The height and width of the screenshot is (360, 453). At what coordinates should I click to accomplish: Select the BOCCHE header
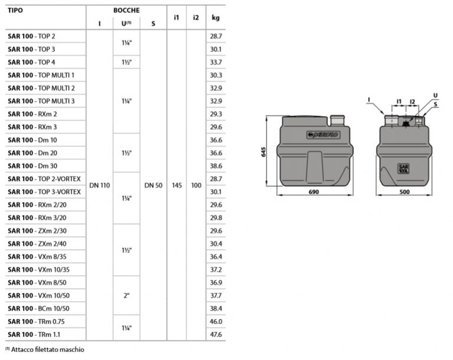126,10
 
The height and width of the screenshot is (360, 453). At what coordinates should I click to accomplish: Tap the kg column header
215,17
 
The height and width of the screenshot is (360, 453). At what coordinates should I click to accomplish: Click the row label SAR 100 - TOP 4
31,62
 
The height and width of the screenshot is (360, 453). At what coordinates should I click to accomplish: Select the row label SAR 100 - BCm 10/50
38,309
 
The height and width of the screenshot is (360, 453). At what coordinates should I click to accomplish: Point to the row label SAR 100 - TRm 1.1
34,335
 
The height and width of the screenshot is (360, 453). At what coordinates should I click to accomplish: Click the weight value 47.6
215,335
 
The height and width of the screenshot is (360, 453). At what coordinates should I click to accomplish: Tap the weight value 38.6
215,166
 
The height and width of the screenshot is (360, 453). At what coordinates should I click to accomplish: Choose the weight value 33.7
215,62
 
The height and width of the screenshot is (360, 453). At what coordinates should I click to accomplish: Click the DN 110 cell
100,185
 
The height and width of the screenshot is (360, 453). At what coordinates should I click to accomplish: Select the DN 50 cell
153,185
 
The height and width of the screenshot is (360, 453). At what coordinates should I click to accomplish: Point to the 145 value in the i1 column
176,185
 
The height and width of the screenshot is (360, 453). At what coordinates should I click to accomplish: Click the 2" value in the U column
126,295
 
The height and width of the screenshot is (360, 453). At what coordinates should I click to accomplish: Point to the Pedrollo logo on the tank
323,134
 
